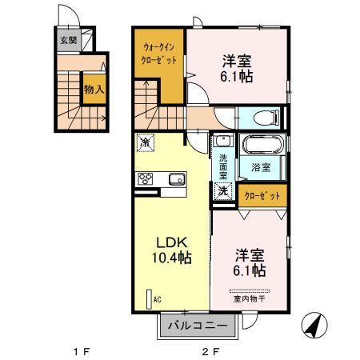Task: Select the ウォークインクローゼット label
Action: tap(158, 54)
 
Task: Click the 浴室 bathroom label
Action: tap(261, 168)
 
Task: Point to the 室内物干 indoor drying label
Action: tap(250, 299)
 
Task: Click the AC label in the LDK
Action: tap(157, 299)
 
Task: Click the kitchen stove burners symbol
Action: tap(147, 178)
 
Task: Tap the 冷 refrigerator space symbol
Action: tap(147, 143)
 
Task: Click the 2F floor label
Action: tap(210, 350)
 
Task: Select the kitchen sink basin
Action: tap(176, 178)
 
